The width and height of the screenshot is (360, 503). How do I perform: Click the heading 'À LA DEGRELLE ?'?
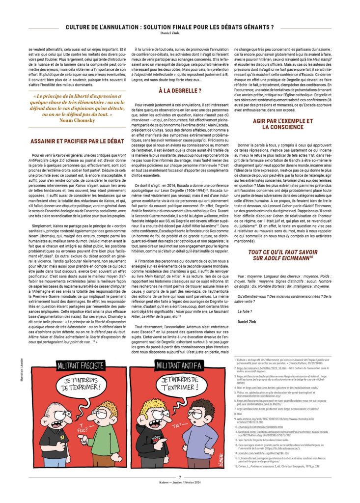pyautogui.click(x=180, y=91)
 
